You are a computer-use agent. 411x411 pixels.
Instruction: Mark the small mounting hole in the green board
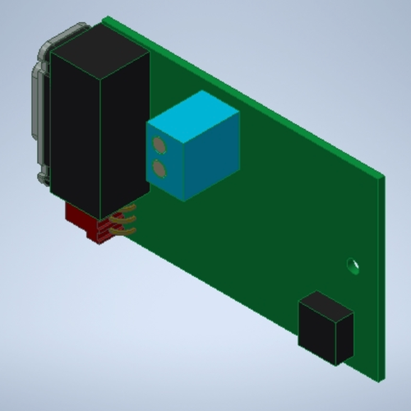pyautogui.click(x=353, y=266)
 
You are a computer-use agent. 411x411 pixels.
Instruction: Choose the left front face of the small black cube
pyautogui.click(x=314, y=334)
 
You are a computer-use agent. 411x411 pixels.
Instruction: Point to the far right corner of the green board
pyautogui.click(x=383, y=175)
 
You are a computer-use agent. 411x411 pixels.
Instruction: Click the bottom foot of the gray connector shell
pyautogui.click(x=41, y=175)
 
